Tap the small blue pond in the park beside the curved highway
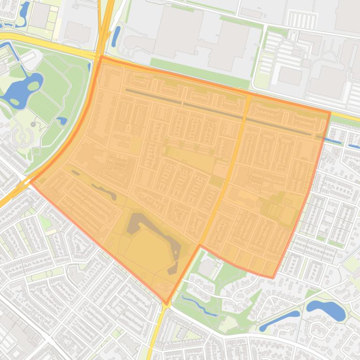(62, 121)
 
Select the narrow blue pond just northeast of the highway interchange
(115, 36)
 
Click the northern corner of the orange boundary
(101, 57)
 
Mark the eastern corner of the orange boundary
(330, 112)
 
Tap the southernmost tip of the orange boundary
(166, 303)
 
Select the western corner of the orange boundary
(31, 181)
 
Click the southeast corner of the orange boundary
(274, 278)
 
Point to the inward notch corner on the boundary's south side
(200, 245)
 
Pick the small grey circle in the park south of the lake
(33, 124)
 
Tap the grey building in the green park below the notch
(207, 268)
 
